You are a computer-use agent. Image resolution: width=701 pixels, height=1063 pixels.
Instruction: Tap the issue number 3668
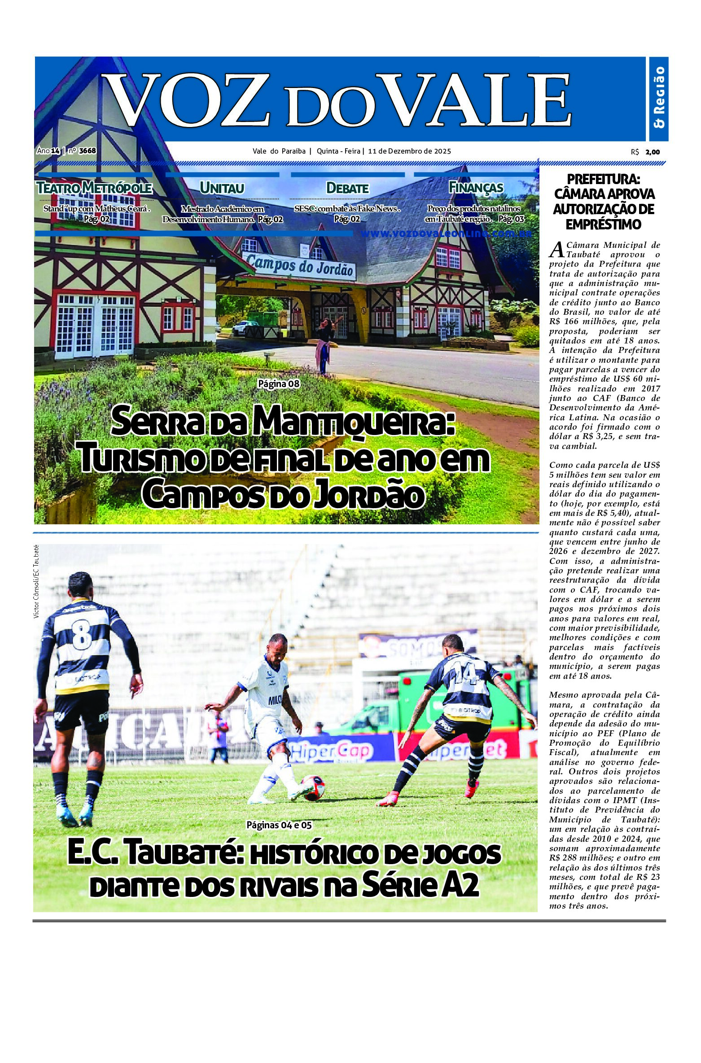coord(87,151)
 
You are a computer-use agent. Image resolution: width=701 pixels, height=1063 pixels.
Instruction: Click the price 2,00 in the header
coord(653,152)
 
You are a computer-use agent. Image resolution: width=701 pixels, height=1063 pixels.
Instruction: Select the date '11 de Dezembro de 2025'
coord(409,151)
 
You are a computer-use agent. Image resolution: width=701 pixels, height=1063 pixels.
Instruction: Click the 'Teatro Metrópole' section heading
coord(94,188)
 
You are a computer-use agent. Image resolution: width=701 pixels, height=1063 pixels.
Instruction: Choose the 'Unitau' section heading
coord(222,188)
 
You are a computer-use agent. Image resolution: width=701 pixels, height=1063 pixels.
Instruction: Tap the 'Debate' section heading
coord(347,188)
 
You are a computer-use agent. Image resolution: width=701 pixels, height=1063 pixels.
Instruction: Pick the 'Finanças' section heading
coord(476,188)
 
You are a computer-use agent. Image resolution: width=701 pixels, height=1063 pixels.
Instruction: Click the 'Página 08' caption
coord(278,384)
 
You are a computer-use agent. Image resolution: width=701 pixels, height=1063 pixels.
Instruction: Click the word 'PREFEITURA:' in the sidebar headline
coord(604,180)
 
